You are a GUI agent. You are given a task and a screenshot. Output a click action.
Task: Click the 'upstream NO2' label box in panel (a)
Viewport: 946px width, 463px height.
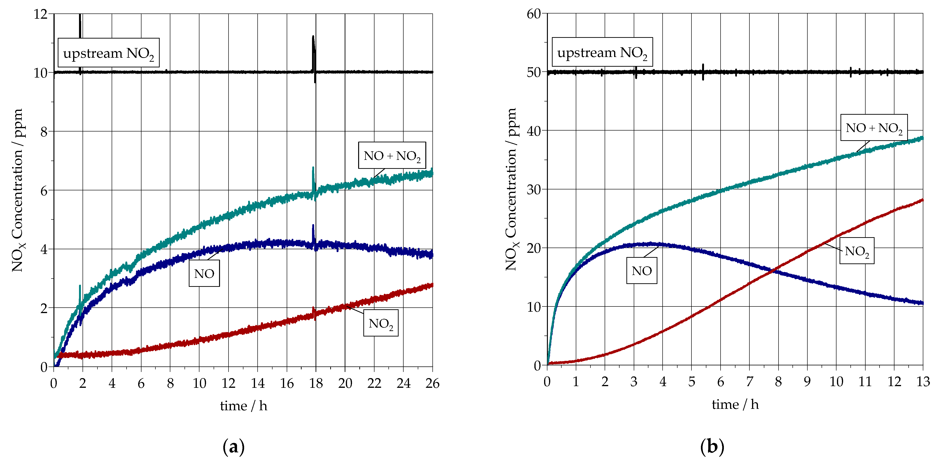[x=108, y=53]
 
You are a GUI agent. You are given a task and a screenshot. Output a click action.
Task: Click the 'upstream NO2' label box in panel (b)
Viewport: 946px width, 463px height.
[x=602, y=52]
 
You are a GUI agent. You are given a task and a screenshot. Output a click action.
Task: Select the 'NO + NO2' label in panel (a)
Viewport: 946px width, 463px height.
[x=392, y=155]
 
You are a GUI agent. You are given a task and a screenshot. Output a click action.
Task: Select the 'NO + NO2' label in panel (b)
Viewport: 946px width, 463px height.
[x=874, y=127]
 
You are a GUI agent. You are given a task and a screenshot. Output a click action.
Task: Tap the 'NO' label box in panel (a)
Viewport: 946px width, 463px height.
[x=204, y=273]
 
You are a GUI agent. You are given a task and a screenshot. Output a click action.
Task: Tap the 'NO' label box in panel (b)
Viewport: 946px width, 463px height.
[x=642, y=271]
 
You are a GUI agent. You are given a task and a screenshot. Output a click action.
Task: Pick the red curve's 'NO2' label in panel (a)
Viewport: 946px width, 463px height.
[x=381, y=323]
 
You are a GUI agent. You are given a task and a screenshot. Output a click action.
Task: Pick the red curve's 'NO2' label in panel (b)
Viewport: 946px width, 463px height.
[x=857, y=251]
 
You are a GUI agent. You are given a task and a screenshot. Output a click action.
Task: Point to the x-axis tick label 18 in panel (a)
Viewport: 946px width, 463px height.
[x=316, y=383]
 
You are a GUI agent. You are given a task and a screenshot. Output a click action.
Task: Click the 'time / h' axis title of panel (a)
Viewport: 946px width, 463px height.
[x=243, y=406]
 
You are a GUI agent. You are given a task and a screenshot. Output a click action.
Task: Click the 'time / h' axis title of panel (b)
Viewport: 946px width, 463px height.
[x=735, y=404]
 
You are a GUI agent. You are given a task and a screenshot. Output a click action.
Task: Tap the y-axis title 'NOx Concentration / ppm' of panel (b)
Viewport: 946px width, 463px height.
[x=511, y=189]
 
